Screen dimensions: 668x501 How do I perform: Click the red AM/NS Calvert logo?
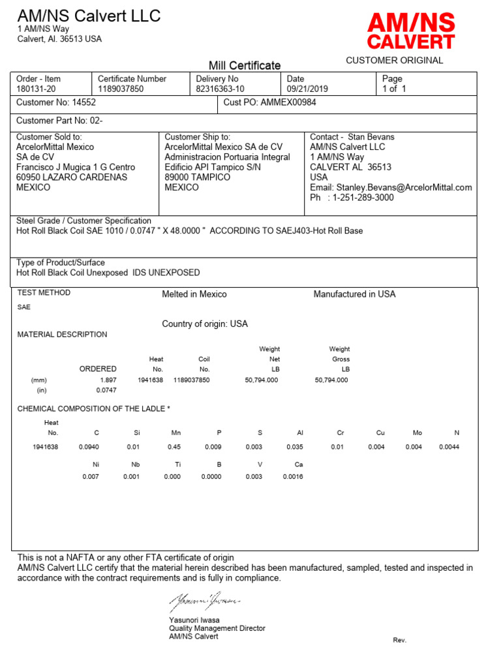(x=410, y=32)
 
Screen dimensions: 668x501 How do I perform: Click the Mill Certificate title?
(x=245, y=65)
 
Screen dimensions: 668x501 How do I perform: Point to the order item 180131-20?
(x=36, y=89)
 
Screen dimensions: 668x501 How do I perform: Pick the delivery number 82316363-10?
(x=220, y=89)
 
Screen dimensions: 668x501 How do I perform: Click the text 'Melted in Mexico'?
(x=194, y=294)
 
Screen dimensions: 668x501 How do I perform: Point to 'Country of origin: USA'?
(x=205, y=324)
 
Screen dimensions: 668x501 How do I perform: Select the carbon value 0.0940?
(x=87, y=447)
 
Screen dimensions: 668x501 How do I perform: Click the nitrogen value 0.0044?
(x=449, y=447)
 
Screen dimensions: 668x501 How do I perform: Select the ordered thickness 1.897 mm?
(x=108, y=380)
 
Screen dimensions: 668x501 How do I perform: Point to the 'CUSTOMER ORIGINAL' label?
(x=394, y=60)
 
